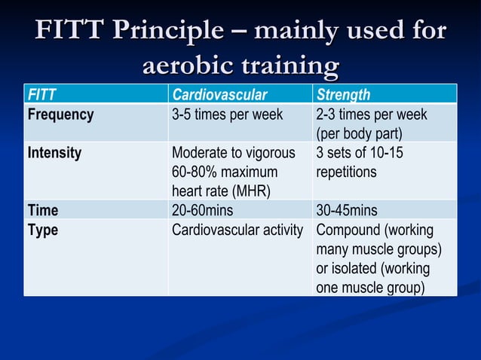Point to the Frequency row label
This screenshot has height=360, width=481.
60,114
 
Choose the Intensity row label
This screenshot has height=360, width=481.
54,153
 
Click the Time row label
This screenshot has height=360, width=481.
42,210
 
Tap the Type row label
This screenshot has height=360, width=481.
42,230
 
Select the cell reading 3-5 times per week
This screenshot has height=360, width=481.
227,114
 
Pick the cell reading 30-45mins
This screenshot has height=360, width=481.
347,210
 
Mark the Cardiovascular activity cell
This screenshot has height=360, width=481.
237,230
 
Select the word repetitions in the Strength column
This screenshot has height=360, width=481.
346,172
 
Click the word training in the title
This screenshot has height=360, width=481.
290,66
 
